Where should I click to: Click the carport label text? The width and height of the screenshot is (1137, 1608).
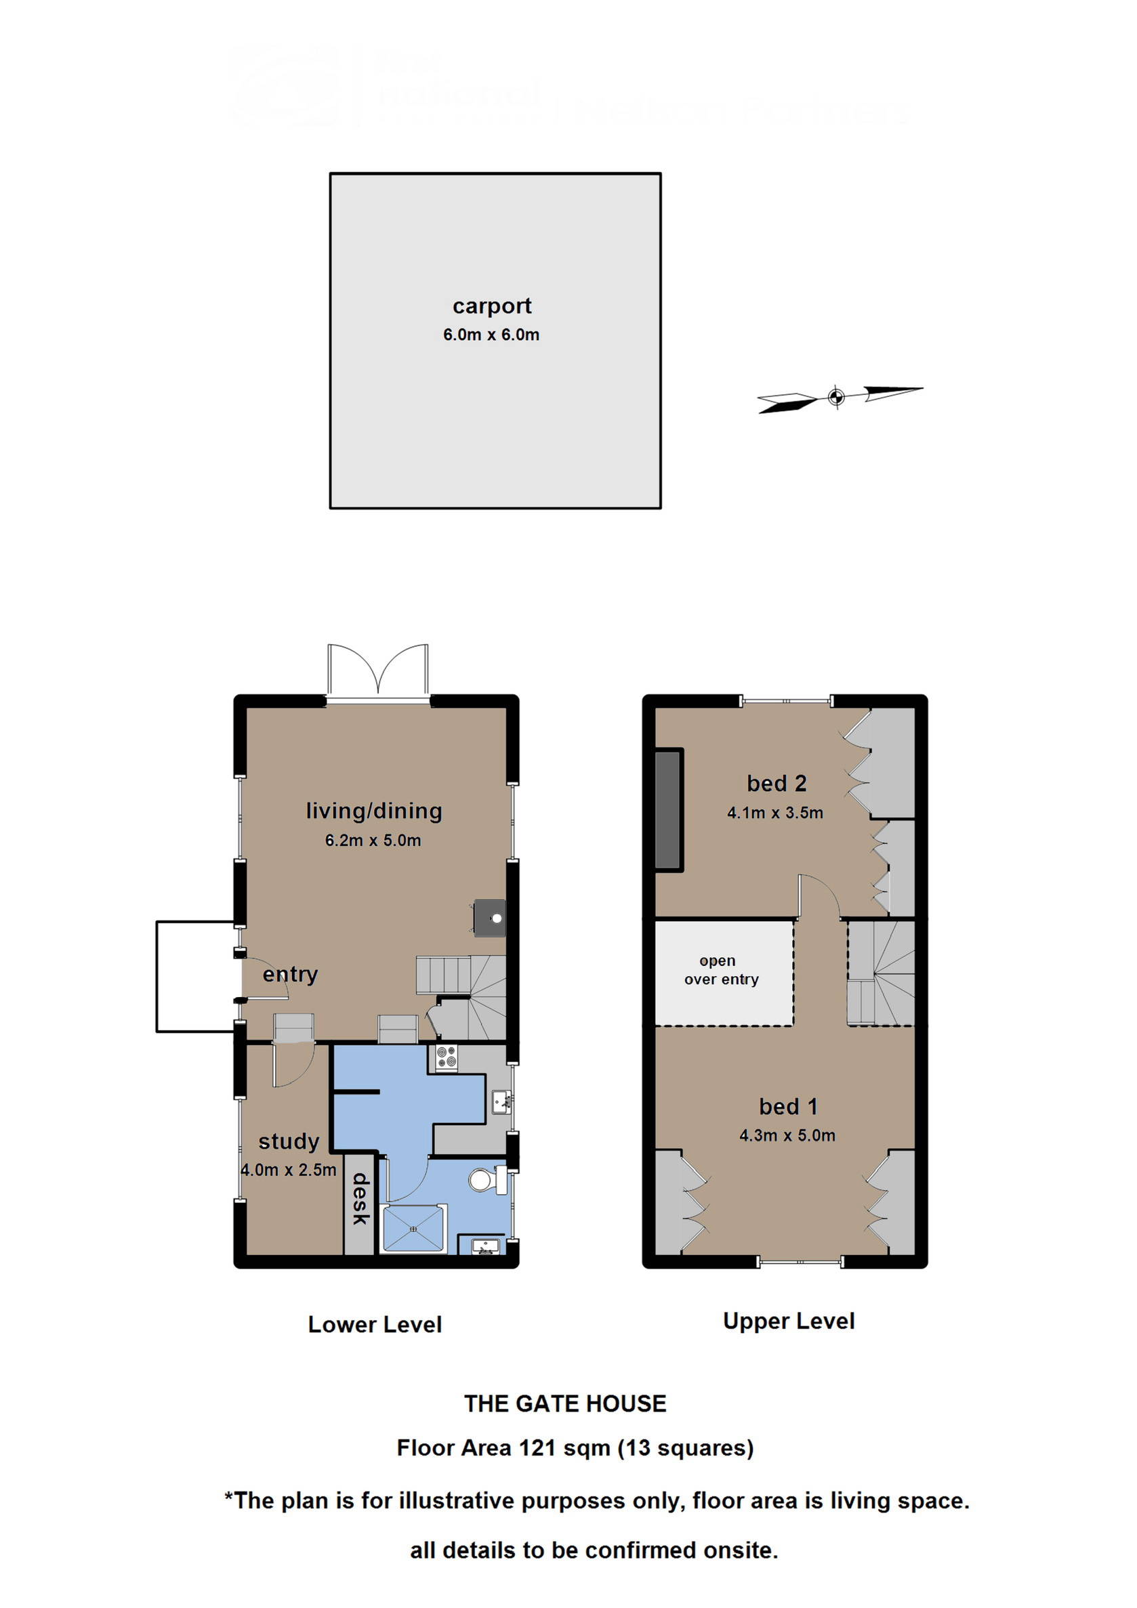[x=492, y=306]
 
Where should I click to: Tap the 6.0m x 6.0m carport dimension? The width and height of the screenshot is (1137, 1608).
[x=491, y=335]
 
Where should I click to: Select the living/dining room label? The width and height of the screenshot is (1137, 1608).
[x=373, y=811]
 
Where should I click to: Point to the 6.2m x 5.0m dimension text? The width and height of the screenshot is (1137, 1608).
[x=373, y=841]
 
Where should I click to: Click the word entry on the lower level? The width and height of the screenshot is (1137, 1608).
[x=290, y=974]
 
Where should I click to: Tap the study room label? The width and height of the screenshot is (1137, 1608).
[x=289, y=1141]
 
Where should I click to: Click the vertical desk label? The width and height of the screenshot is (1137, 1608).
[x=360, y=1200]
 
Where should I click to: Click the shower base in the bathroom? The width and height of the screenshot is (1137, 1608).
[x=413, y=1229]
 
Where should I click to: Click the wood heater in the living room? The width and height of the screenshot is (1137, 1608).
[x=490, y=918]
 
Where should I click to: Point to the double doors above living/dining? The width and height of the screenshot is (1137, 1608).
[x=377, y=671]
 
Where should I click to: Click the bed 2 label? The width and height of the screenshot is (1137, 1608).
[x=777, y=784]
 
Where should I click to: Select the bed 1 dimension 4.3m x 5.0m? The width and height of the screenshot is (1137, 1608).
[x=787, y=1136]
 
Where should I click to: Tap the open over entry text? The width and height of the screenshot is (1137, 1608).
[x=721, y=970]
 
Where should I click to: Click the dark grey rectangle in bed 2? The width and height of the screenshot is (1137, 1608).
[x=668, y=810]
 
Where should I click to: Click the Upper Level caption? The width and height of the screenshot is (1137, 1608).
[x=789, y=1321]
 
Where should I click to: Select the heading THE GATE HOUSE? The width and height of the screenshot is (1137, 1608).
[x=565, y=1403]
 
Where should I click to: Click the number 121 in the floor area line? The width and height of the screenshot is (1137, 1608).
[x=537, y=1448]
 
